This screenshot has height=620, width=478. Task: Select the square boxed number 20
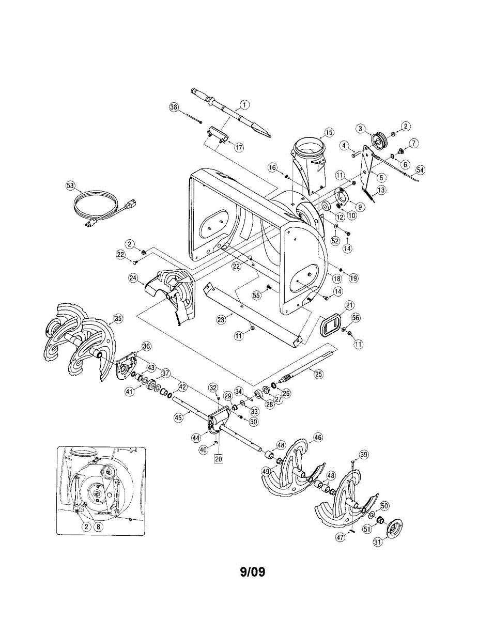point(218,457)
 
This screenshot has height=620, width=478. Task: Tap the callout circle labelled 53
point(70,185)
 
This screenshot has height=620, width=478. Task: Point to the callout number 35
point(118,319)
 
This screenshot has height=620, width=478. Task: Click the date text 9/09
point(252,572)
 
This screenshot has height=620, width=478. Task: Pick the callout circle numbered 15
point(329,133)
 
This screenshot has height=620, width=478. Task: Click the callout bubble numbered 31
point(378,542)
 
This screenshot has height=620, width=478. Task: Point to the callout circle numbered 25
point(318,373)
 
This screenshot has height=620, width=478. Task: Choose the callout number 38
point(174,107)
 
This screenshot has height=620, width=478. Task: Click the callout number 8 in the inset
point(97,526)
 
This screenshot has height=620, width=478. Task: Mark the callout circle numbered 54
point(421,170)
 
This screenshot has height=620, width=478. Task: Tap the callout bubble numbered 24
point(133,278)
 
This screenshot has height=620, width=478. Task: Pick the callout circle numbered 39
point(364,455)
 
